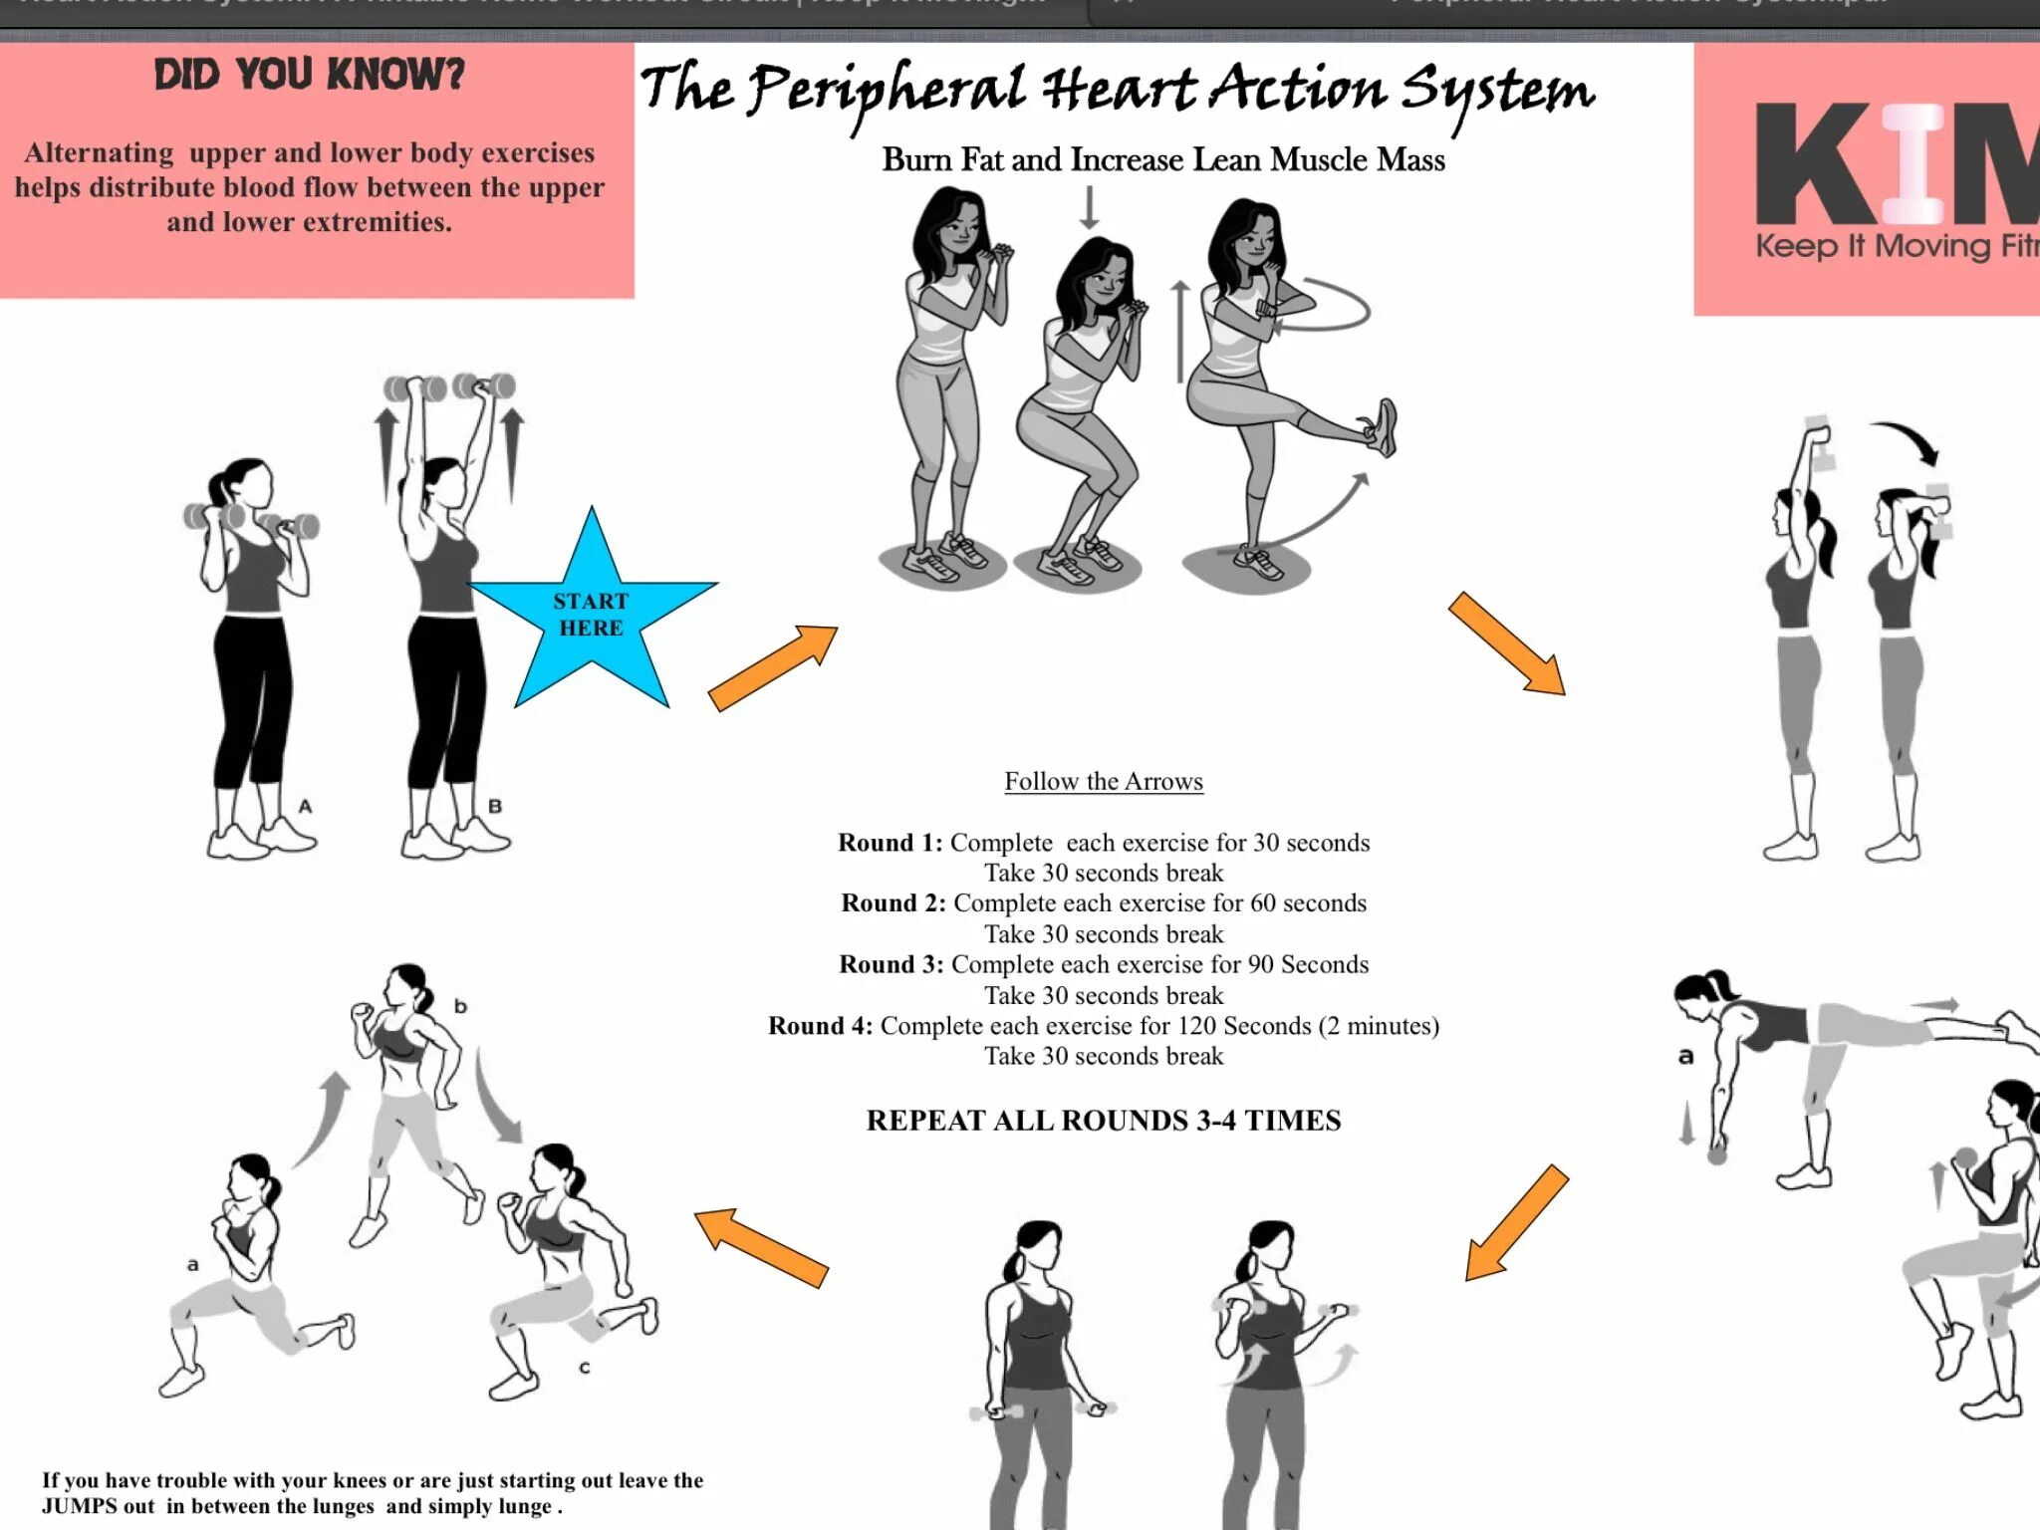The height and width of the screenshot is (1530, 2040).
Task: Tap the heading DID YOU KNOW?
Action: (309, 75)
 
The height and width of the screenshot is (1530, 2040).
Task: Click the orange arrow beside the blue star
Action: (773, 666)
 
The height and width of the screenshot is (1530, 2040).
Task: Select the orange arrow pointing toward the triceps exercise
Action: (1506, 642)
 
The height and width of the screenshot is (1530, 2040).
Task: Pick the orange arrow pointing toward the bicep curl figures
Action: (1516, 1222)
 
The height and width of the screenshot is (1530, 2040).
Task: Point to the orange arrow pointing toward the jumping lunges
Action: (761, 1246)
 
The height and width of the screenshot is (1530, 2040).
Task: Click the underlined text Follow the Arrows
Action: (1103, 781)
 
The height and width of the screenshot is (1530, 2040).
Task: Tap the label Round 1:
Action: (890, 843)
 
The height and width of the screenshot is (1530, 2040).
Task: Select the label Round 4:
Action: (820, 1026)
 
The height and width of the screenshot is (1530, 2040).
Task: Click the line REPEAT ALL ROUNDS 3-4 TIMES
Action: (1103, 1121)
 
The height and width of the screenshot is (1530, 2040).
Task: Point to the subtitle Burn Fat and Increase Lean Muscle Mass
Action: (1162, 159)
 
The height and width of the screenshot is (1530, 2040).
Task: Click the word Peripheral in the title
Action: (887, 92)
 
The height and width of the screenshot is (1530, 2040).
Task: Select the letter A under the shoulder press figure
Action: (305, 806)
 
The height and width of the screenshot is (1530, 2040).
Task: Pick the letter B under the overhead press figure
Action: (495, 806)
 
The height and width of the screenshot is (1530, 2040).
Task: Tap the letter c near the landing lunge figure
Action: (585, 1368)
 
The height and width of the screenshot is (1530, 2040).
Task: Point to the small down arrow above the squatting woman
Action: (1090, 207)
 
